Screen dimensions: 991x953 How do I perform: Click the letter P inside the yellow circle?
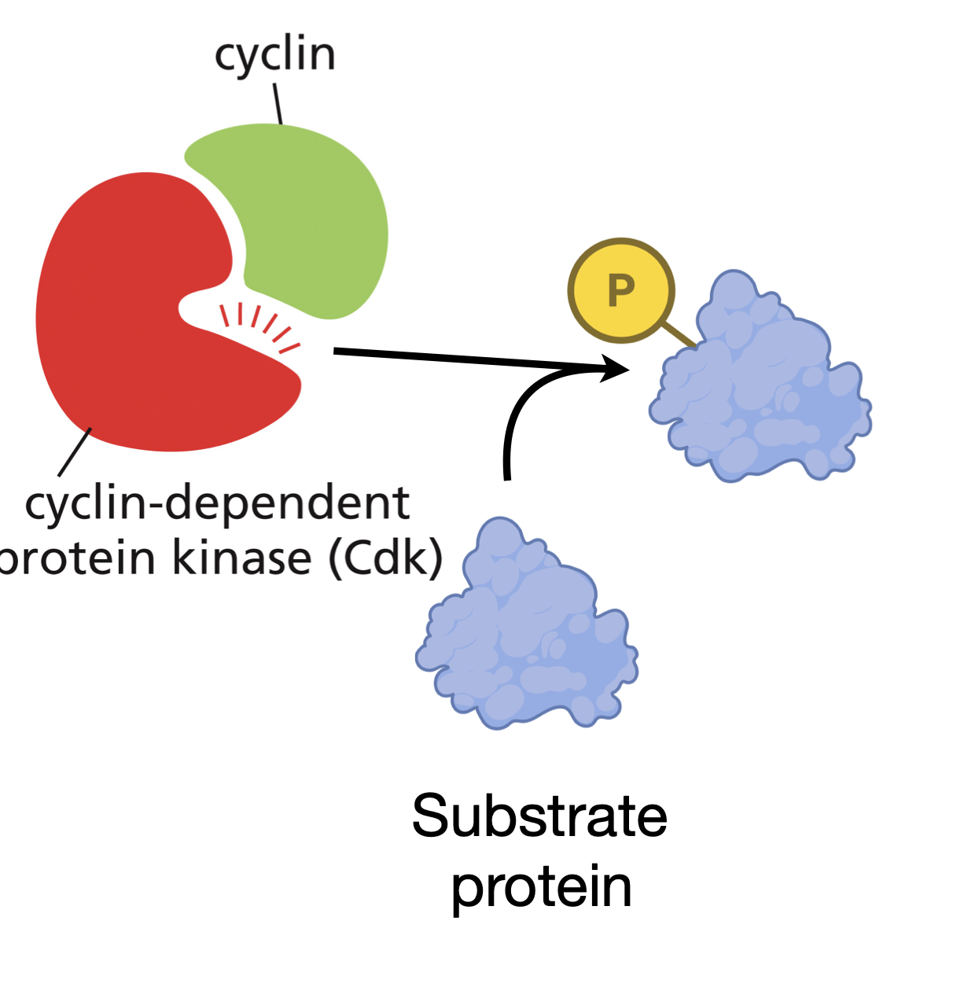621,291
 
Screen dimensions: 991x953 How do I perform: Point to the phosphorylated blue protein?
763,385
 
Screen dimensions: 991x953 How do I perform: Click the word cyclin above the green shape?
275,55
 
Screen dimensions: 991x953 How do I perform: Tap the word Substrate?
539,816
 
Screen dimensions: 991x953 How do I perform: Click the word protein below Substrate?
541,887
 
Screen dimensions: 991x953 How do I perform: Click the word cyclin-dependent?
217,503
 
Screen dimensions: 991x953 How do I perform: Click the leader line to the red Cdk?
75,452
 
